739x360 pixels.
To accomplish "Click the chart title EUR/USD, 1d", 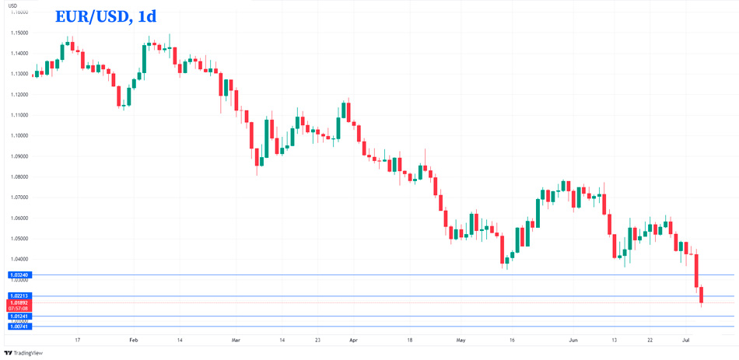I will tap(105, 16).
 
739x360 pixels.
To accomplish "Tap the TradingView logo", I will tap(23, 353).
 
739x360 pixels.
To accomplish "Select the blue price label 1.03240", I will tap(19, 274).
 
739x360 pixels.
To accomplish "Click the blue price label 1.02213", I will tap(19, 295).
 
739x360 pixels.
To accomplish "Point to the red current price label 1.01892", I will tap(19, 302).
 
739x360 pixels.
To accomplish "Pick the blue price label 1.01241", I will tap(19, 316).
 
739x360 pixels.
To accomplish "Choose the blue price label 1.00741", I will tap(19, 327).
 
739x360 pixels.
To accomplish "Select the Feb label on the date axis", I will tap(133, 340).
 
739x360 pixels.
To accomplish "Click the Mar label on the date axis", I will tap(236, 340).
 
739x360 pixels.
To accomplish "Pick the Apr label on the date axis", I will tap(353, 340).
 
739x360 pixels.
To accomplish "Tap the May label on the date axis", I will tap(461, 340).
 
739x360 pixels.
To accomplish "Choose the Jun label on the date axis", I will tap(573, 340).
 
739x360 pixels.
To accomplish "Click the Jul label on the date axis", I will tap(685, 340).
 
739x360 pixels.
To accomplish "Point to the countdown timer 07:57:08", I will tap(19, 308).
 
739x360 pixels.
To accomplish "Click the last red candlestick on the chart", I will tap(702, 295).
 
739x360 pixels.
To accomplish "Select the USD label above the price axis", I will tap(12, 5).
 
